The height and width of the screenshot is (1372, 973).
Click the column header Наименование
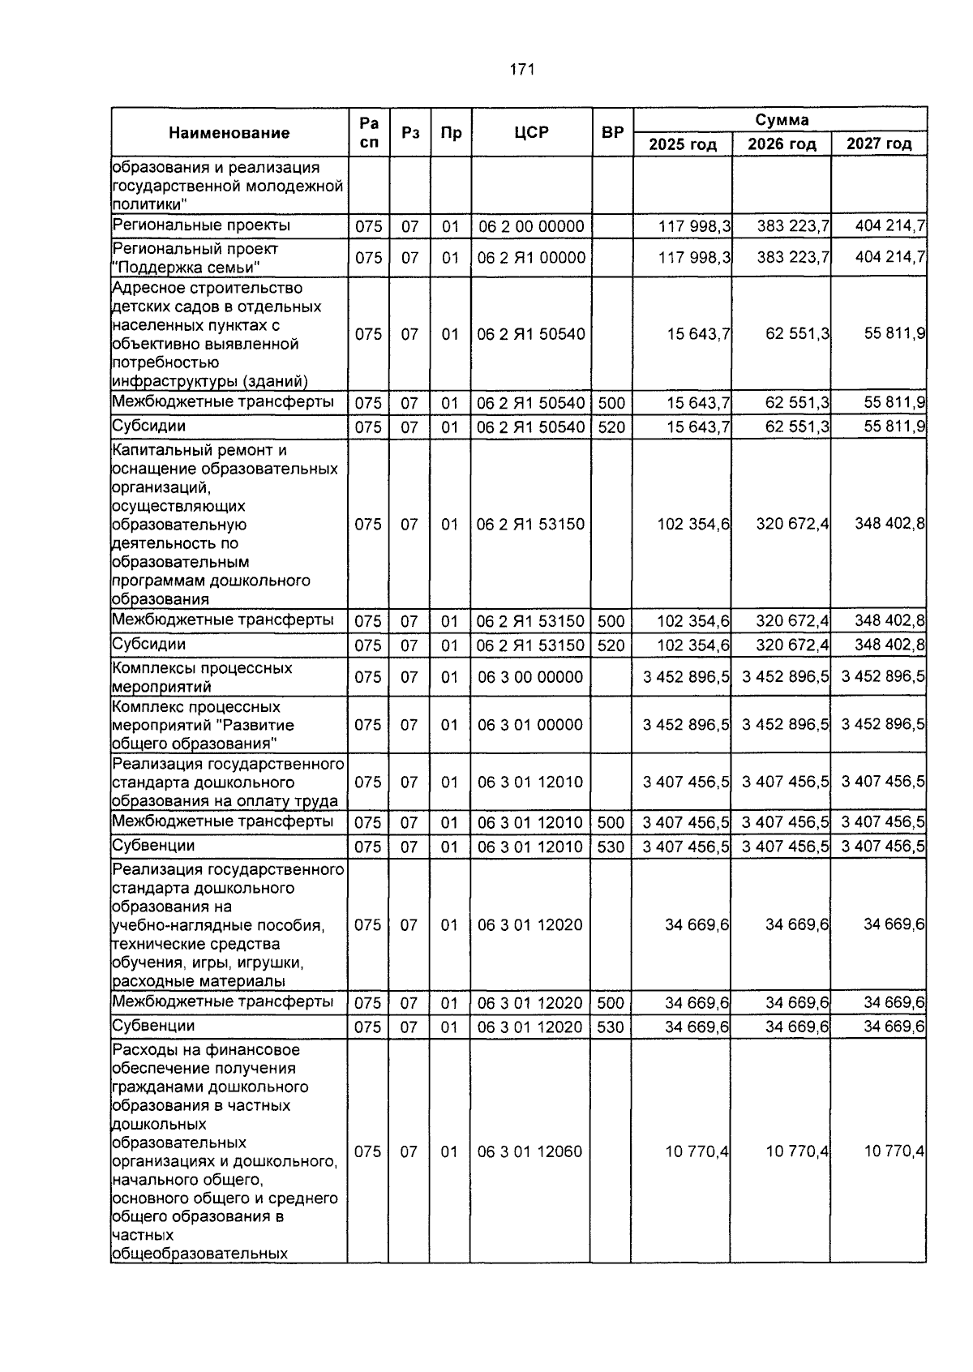[229, 133]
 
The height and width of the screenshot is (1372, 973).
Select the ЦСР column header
[531, 132]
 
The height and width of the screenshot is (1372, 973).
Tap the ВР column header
[612, 132]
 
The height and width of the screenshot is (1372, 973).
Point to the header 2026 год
[782, 144]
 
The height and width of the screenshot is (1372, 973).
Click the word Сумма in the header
[782, 120]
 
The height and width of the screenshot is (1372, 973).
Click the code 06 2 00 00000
[531, 226]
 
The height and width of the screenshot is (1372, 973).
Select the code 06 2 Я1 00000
[531, 258]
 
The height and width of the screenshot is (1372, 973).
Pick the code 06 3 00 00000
[530, 677]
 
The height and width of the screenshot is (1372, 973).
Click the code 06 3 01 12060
[530, 1151]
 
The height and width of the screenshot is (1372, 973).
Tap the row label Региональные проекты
[201, 225]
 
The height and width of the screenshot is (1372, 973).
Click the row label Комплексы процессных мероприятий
[202, 677]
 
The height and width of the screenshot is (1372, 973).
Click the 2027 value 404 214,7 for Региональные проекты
[889, 225]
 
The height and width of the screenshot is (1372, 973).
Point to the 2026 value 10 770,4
[797, 1151]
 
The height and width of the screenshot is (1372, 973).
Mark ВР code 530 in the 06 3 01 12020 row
[611, 1027]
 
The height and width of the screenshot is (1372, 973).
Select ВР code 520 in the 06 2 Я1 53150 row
[611, 645]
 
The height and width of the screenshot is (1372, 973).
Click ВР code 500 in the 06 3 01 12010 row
[611, 823]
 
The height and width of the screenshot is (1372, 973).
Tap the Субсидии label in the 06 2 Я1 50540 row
[148, 426]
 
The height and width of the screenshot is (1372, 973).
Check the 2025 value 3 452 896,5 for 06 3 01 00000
[686, 724]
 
